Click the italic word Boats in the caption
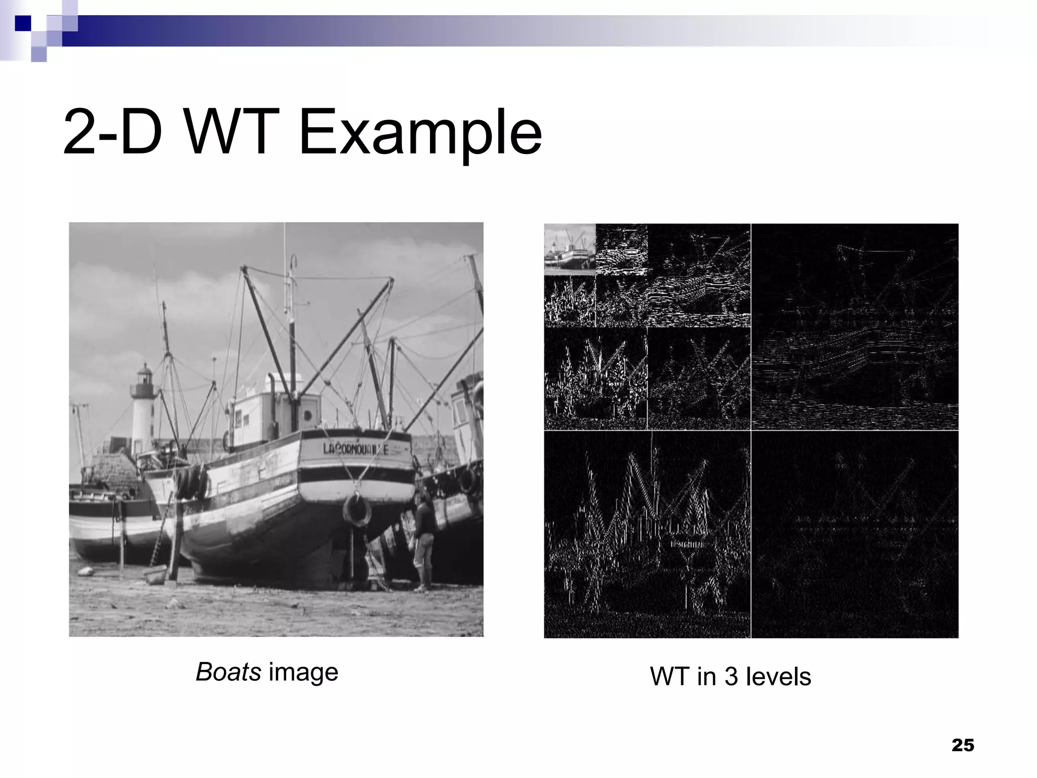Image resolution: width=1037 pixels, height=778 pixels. (x=228, y=672)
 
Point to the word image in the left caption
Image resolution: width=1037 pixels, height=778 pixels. (x=303, y=672)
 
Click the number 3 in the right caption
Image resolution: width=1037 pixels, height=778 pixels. (x=731, y=677)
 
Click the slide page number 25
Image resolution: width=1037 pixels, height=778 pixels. (x=963, y=746)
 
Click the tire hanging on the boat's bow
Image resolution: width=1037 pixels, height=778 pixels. (x=357, y=511)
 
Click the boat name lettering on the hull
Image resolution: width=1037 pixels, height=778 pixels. (x=355, y=449)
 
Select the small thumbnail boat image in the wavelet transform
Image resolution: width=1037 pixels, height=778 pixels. (x=570, y=249)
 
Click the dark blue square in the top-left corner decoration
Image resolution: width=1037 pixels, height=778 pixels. (x=23, y=23)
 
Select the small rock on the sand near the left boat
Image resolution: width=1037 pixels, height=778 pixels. (x=87, y=571)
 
